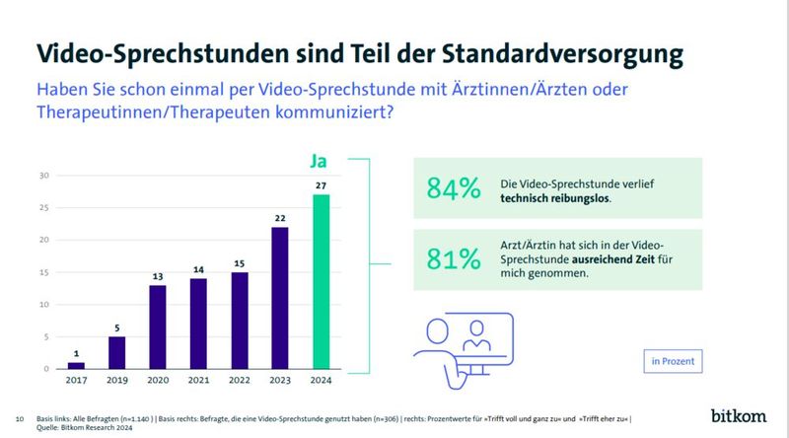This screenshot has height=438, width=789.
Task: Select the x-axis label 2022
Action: coord(240,381)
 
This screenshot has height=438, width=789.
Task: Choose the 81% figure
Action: coord(454,259)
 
